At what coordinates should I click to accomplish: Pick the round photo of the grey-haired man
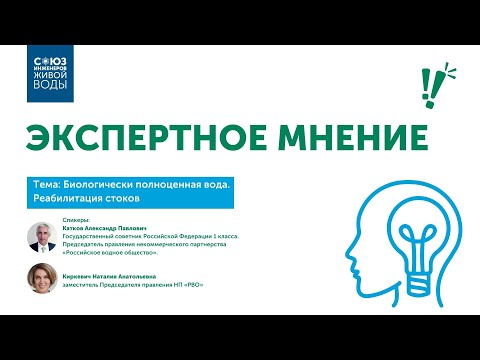[43, 236]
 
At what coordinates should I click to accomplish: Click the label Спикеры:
[76, 218]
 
